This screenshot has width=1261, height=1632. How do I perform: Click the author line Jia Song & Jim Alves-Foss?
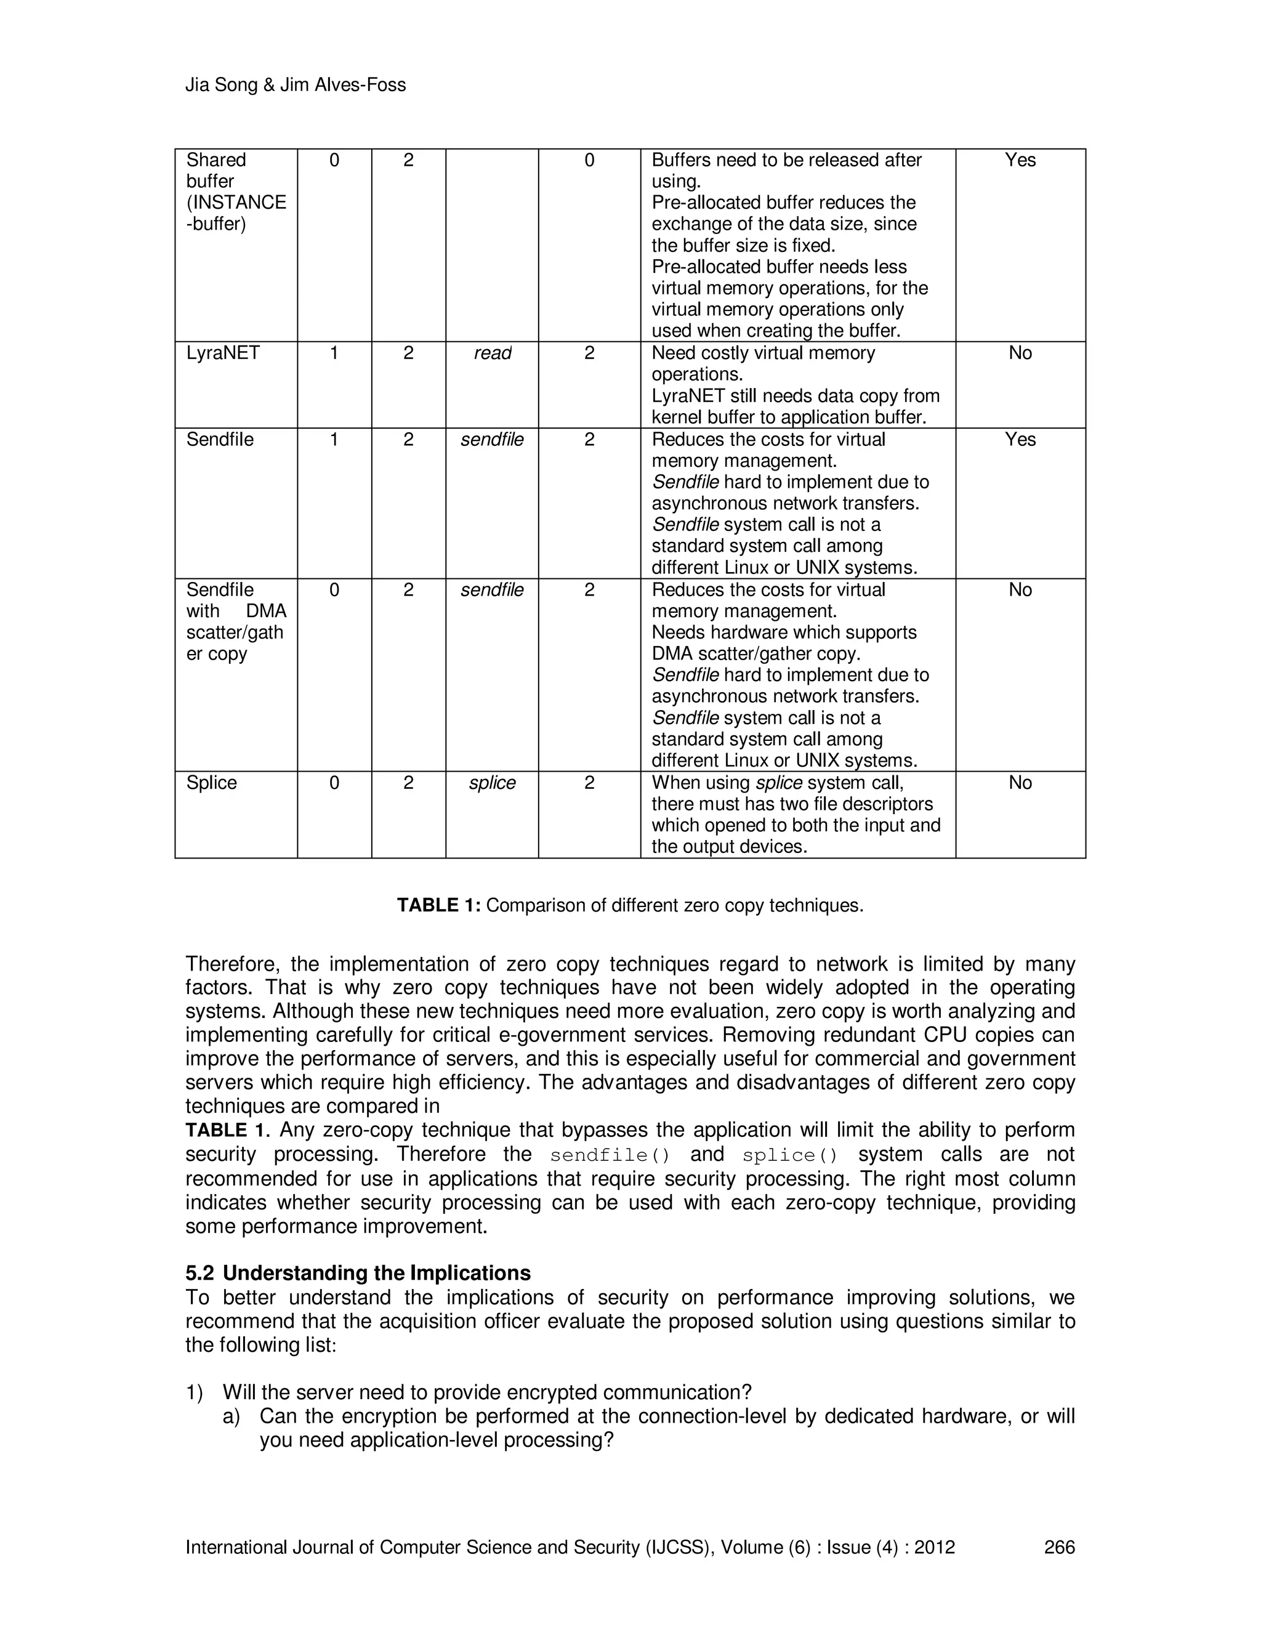coord(295,85)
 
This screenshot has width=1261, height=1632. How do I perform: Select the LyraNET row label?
coord(223,353)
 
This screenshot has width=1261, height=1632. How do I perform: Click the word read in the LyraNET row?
coord(493,353)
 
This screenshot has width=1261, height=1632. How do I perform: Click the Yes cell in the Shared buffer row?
coord(1020,160)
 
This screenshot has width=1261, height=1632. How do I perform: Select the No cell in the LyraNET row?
coord(1020,353)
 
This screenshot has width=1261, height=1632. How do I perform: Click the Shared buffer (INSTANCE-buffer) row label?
coord(235,192)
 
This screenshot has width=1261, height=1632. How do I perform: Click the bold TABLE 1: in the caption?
coord(438,906)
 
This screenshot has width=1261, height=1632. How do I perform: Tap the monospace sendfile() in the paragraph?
coord(610,1155)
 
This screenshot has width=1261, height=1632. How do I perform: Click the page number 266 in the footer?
coord(1059,1547)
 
